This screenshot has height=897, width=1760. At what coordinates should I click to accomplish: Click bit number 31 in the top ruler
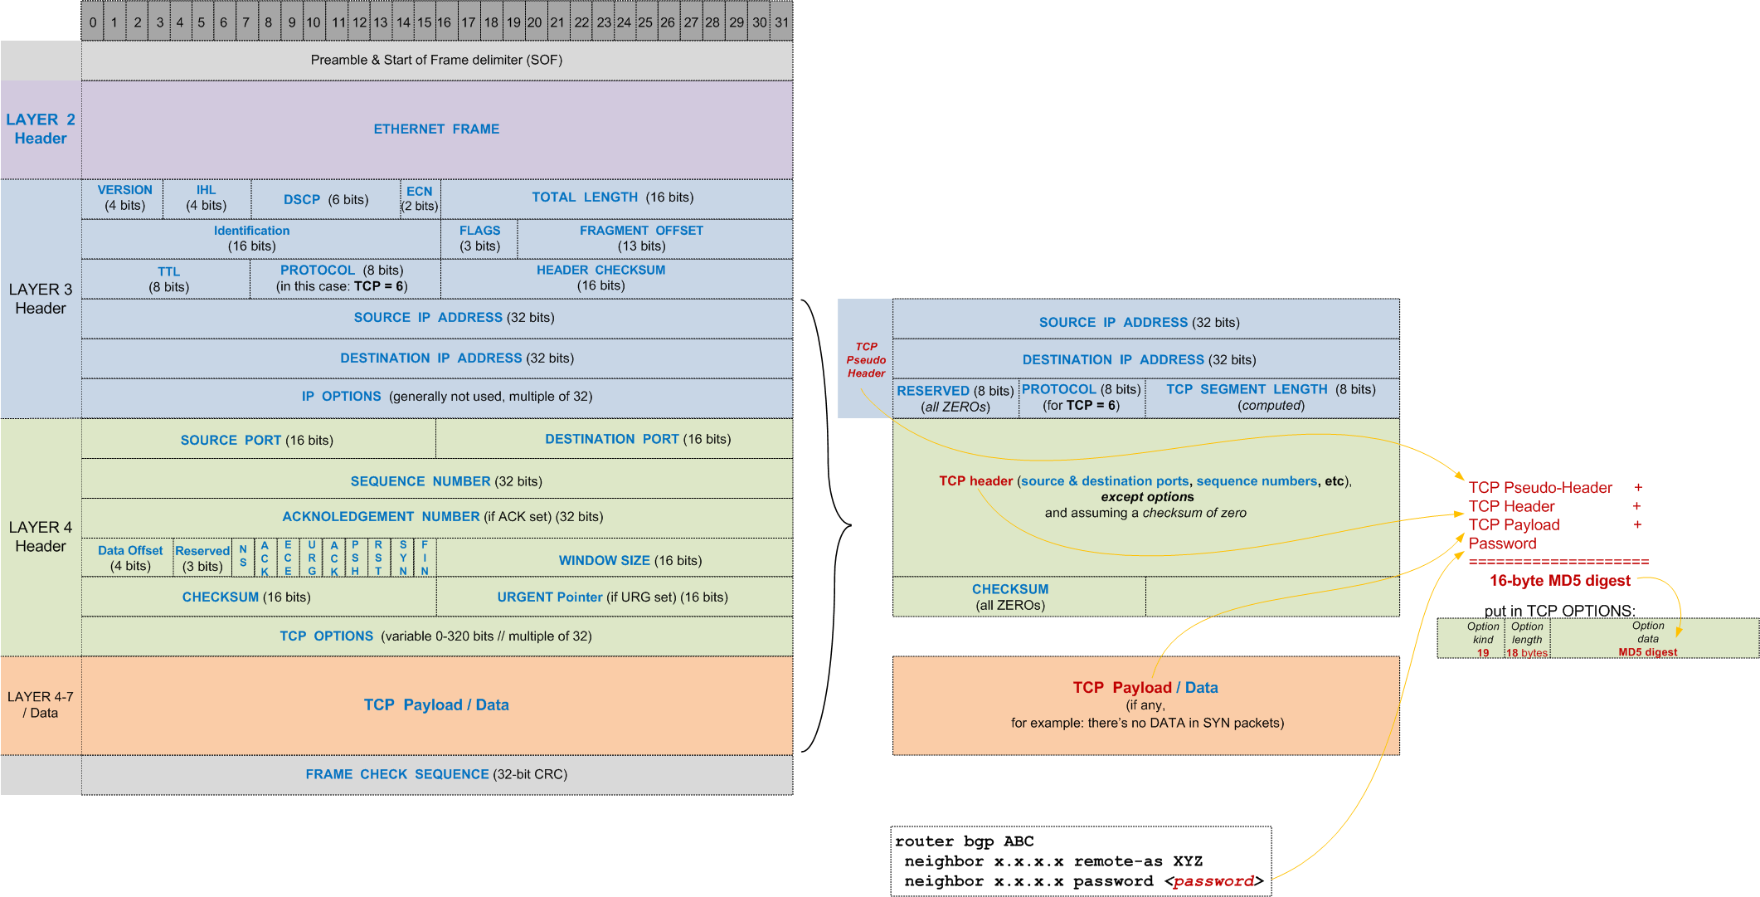(x=781, y=22)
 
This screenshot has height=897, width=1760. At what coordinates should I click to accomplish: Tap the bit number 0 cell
(x=93, y=22)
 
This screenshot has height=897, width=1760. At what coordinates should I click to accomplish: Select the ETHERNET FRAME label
(x=436, y=129)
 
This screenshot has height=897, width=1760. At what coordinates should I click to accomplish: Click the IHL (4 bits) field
(x=206, y=198)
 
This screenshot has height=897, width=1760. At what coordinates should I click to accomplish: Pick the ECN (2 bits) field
(x=420, y=198)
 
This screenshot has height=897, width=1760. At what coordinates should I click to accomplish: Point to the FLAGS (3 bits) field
(x=479, y=238)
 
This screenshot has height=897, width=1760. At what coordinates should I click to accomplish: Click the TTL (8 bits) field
(x=168, y=279)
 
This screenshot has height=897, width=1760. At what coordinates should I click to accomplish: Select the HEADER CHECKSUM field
(x=600, y=277)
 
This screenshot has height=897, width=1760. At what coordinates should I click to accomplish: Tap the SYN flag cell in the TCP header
(x=403, y=558)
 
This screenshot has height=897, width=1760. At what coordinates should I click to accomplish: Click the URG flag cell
(x=312, y=558)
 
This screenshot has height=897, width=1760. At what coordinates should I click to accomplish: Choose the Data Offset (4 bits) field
(x=130, y=558)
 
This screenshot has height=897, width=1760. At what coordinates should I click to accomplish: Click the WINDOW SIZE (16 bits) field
(x=630, y=560)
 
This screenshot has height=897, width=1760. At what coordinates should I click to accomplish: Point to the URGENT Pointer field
(x=612, y=597)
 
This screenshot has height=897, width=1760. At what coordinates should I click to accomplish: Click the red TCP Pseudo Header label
(x=866, y=359)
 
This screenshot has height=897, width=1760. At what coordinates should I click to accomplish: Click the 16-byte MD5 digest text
(x=1559, y=581)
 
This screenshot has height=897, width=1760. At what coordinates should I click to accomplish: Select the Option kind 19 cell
(x=1483, y=639)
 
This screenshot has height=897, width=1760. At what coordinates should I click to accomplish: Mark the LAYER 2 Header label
(x=40, y=129)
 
